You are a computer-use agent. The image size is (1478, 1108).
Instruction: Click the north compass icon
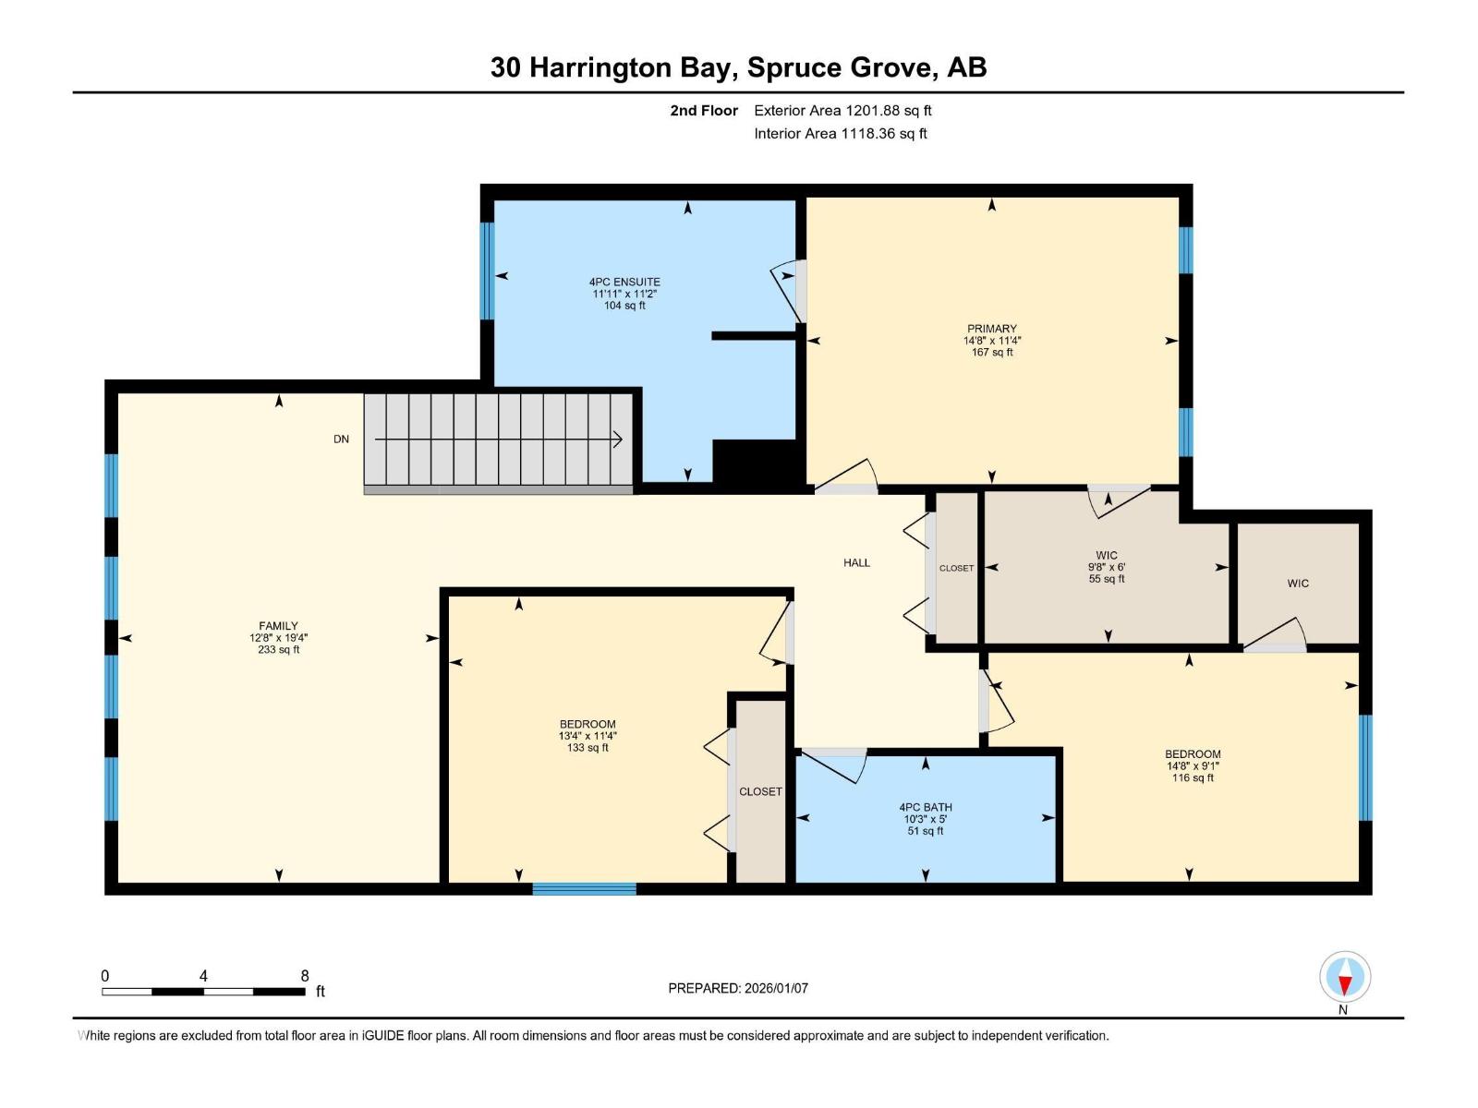point(1345,977)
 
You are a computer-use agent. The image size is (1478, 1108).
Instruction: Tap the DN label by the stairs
point(342,440)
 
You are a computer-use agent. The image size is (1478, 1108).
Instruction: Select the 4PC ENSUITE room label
point(624,283)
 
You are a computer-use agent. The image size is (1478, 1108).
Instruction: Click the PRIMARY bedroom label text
point(991,329)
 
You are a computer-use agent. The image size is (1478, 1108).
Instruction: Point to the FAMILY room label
point(278,626)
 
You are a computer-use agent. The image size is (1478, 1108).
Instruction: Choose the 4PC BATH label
point(926,807)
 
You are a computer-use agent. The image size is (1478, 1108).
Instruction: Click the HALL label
point(856,562)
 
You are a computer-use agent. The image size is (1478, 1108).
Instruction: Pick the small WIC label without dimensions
point(1298,584)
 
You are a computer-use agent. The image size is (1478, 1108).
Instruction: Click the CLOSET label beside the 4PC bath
point(760,792)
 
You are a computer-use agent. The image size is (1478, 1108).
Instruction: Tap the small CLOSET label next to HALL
point(956,569)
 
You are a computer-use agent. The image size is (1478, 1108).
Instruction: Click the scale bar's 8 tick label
point(305,976)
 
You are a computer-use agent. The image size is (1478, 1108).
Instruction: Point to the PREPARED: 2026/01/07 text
point(738,988)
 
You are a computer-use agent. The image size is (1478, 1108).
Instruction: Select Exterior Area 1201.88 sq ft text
point(842,111)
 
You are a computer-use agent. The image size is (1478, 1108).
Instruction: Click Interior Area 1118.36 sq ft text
point(841,134)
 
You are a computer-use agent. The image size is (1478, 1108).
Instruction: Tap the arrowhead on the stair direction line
point(618,440)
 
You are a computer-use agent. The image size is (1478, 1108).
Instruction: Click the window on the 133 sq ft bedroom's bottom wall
point(584,889)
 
